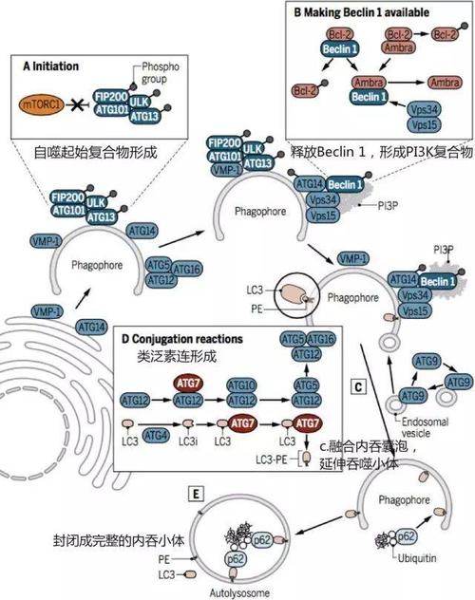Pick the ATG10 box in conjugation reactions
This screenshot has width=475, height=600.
point(242,385)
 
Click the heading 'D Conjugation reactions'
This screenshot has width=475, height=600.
point(182,339)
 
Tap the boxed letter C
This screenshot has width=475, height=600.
point(357,385)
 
